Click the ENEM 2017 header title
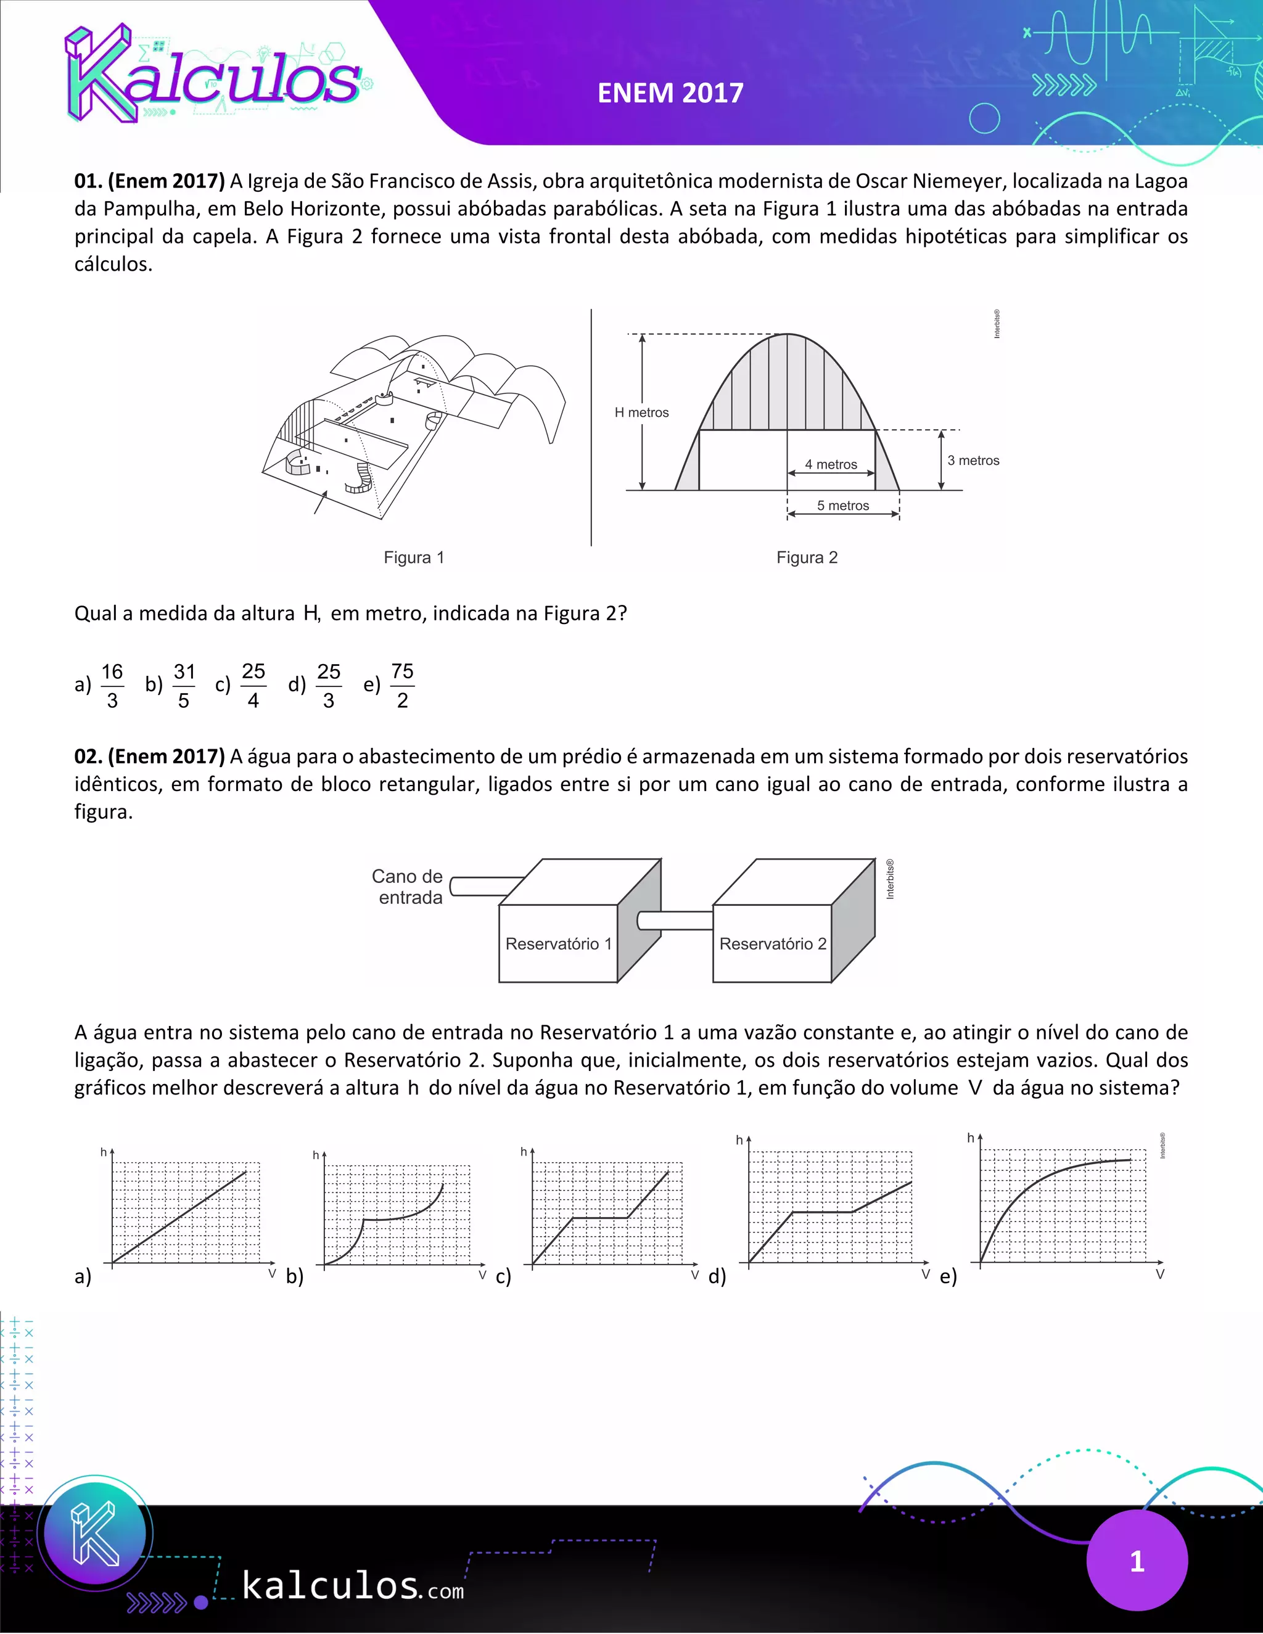(670, 92)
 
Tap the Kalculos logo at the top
(213, 75)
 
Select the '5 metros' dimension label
(842, 506)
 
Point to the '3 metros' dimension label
(973, 460)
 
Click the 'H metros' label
(641, 413)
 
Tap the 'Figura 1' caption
(414, 557)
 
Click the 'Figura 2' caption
(807, 557)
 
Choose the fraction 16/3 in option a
(112, 685)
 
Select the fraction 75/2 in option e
(402, 685)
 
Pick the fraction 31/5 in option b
(184, 685)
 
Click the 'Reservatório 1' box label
(558, 943)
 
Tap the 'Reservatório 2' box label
(772, 943)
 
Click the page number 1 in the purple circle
(1137, 1561)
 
